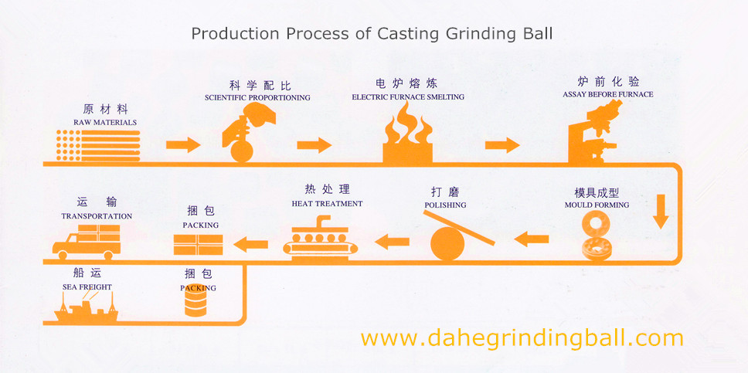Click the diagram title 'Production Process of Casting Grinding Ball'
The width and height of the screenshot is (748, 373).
click(x=372, y=34)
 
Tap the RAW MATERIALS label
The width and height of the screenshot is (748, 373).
click(x=105, y=122)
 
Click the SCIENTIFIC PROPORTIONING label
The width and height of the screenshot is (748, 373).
click(x=257, y=98)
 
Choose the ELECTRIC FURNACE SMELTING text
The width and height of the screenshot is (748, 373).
click(x=408, y=97)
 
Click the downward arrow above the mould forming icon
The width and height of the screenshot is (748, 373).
click(x=660, y=211)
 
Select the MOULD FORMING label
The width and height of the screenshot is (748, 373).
click(x=597, y=205)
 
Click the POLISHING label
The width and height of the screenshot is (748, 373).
click(x=446, y=205)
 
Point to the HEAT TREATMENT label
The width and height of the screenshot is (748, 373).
click(x=327, y=204)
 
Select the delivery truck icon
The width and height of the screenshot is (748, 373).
click(x=86, y=240)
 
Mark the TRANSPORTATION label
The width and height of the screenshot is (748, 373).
click(x=97, y=216)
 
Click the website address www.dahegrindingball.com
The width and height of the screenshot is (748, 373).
click(x=522, y=337)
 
